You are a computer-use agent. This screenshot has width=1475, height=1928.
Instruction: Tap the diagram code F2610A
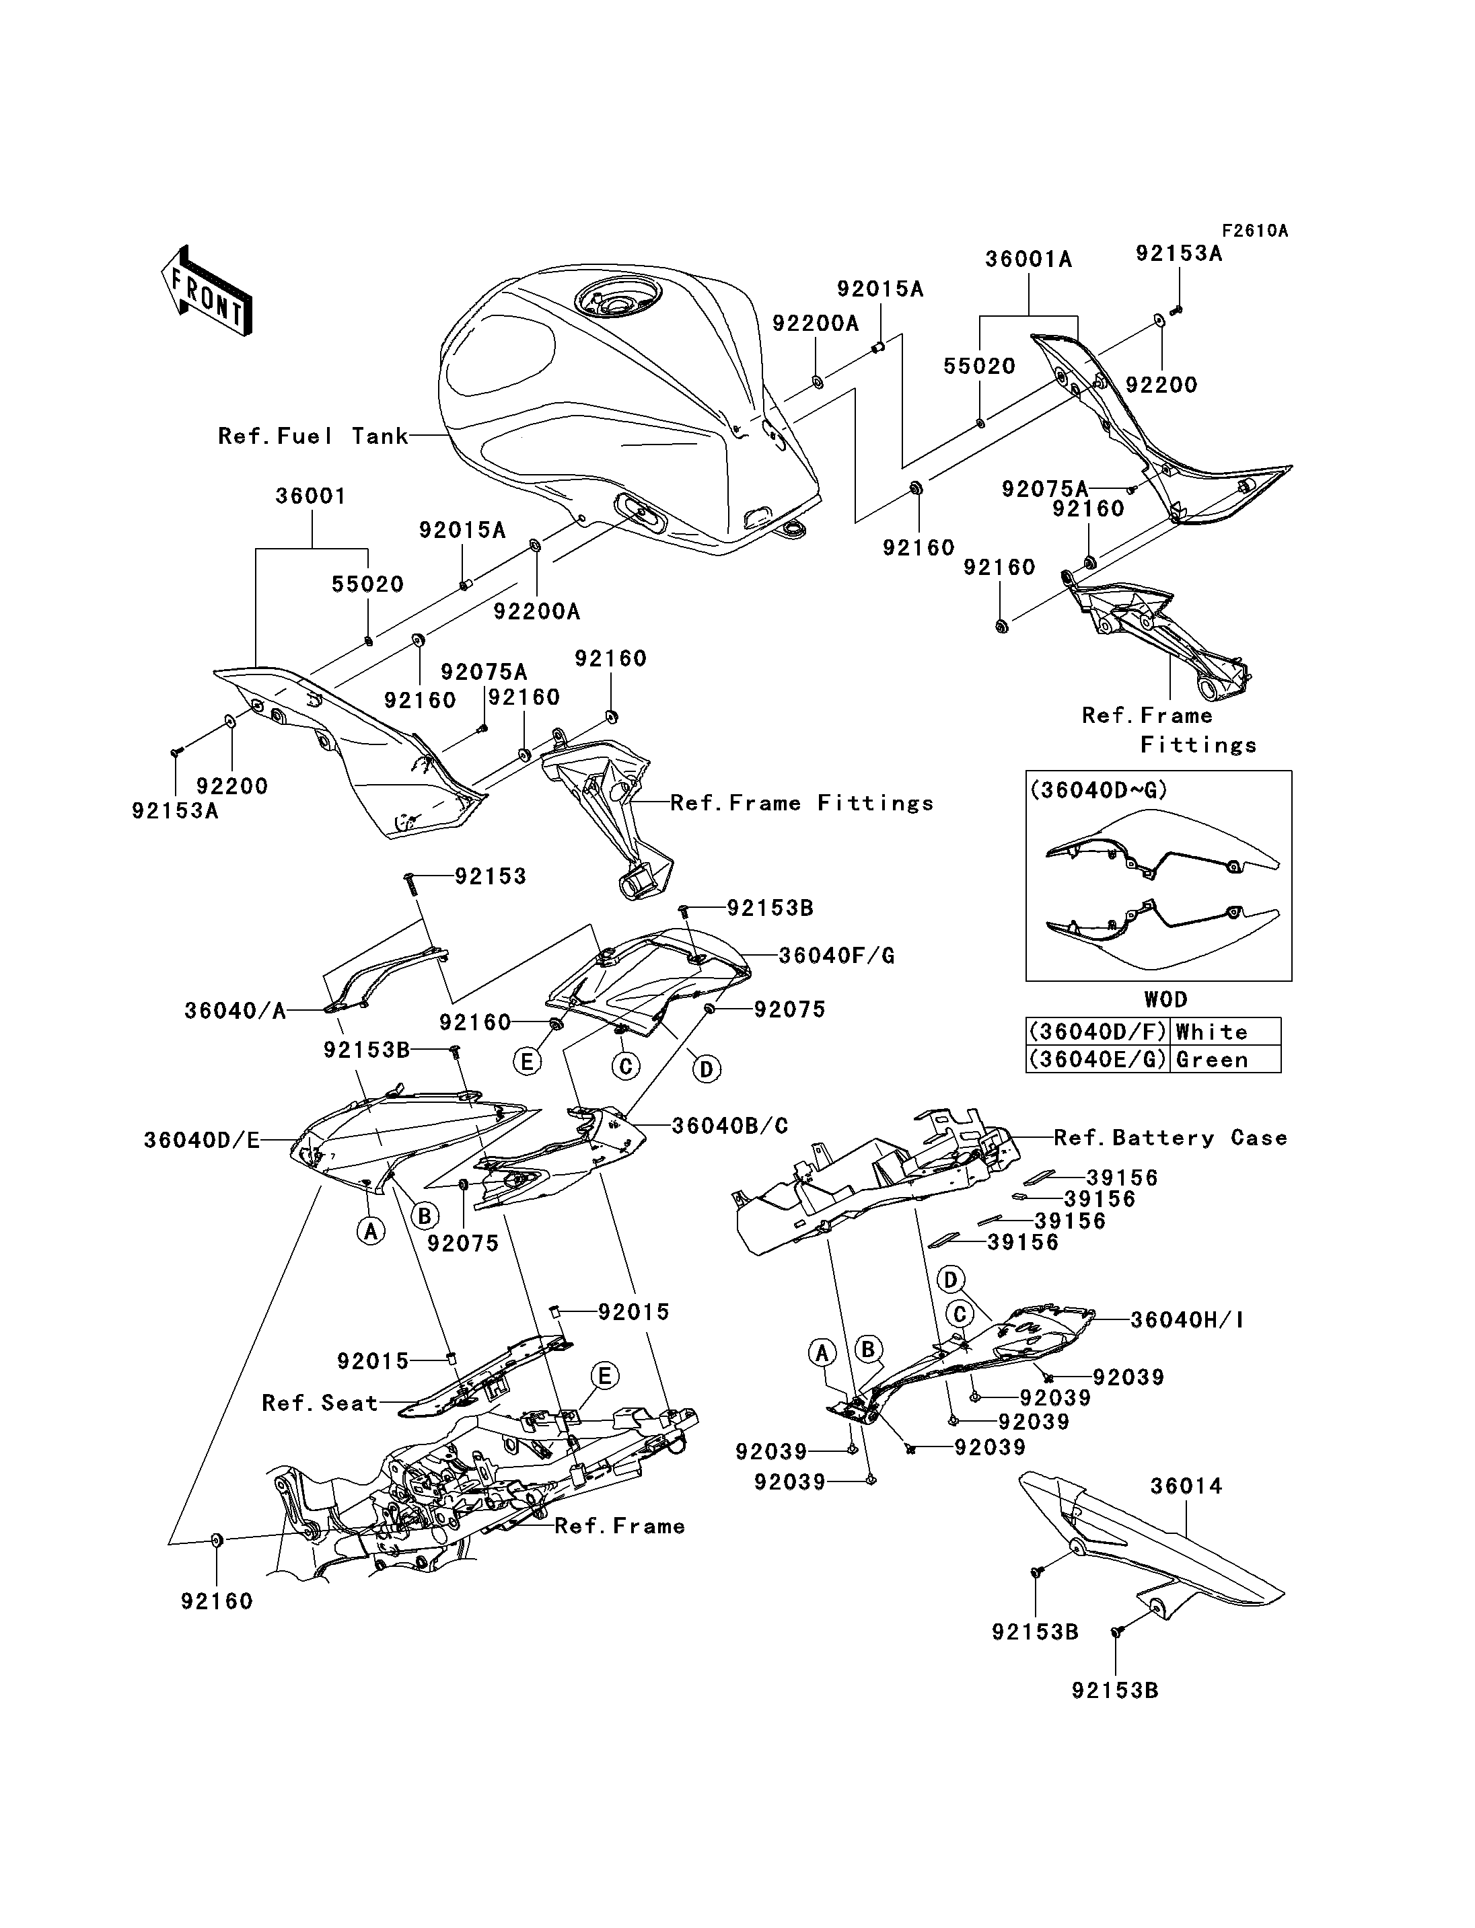pos(1255,231)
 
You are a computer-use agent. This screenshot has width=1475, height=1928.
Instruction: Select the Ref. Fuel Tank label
pos(314,436)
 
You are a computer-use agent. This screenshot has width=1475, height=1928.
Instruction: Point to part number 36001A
pos(1028,260)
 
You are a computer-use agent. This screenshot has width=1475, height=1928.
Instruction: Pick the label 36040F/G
pos(836,956)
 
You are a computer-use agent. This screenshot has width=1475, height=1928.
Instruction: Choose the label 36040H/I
pos(1187,1344)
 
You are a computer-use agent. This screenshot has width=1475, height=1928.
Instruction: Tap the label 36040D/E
pos(202,1140)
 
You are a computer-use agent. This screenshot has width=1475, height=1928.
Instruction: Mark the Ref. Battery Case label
pos(1170,1139)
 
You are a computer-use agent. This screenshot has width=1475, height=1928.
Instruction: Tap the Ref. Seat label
pos(320,1403)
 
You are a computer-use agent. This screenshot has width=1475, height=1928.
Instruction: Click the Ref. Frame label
pos(620,1526)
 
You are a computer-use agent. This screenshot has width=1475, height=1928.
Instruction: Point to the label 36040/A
pos(236,1011)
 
